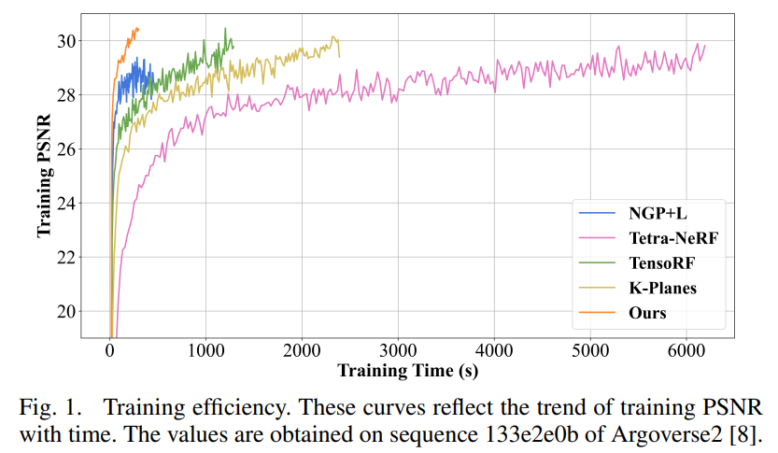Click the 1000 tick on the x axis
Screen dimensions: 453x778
point(206,350)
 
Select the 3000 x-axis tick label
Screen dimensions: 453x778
point(399,350)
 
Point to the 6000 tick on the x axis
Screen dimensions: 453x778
point(686,350)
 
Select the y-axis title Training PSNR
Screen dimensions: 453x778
point(44,176)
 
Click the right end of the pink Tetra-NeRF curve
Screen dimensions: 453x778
point(704,45)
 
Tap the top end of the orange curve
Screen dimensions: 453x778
point(137,28)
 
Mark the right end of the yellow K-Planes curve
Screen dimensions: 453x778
point(340,56)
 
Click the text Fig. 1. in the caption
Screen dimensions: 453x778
point(46,409)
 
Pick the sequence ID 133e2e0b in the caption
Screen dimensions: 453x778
point(534,433)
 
